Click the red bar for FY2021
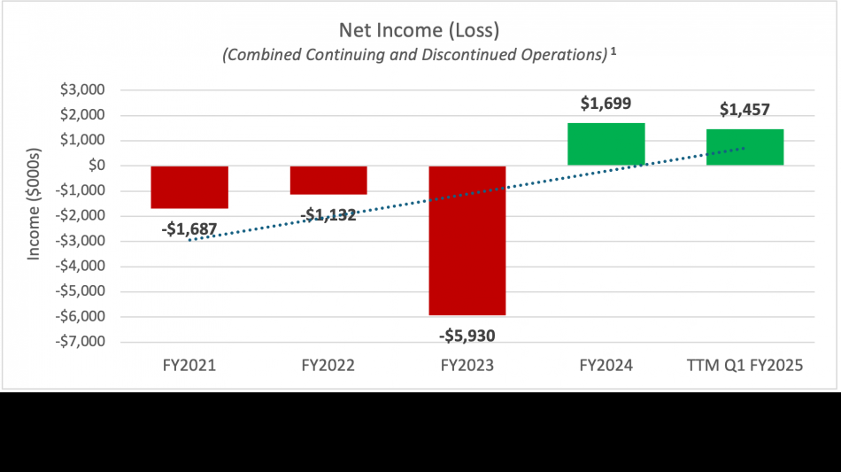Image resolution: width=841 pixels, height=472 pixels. [189, 187]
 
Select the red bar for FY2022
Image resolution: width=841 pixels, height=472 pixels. [328, 180]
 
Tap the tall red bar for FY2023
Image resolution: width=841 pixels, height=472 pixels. [467, 240]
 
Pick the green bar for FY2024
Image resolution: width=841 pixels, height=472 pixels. [606, 144]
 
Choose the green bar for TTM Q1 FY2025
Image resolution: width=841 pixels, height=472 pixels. [745, 147]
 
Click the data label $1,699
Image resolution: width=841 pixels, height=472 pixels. [606, 104]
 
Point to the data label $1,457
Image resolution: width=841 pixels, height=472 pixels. [745, 111]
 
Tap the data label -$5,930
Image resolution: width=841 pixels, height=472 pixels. [467, 336]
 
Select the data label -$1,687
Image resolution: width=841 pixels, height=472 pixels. [189, 229]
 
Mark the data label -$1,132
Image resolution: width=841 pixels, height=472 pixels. [328, 214]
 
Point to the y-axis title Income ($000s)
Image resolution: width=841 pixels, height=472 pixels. [35, 216]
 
